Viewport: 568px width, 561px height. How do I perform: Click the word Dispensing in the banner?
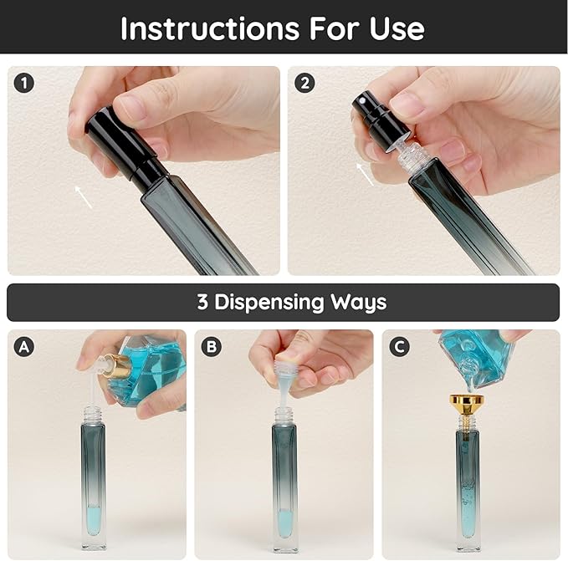click(x=269, y=302)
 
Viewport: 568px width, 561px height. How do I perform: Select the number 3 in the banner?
click(x=203, y=302)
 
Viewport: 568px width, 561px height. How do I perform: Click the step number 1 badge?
click(x=25, y=83)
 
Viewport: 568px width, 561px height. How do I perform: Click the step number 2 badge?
click(x=305, y=83)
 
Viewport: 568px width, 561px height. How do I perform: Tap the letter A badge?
click(x=25, y=346)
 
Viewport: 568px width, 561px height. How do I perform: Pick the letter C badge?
click(x=400, y=346)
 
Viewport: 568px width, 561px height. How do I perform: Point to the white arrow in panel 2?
click(x=365, y=174)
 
